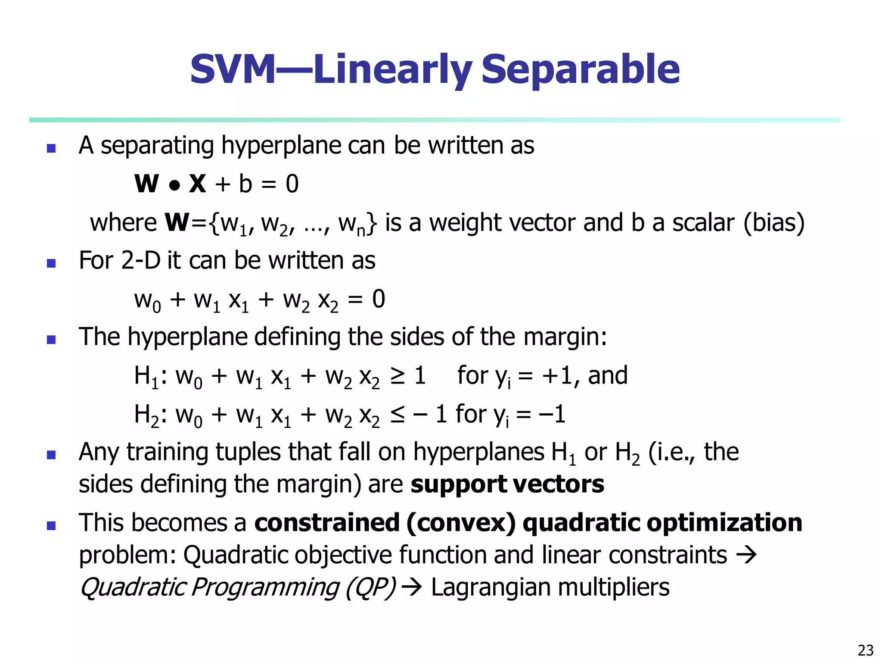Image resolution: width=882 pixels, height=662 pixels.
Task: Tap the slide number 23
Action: pos(865,650)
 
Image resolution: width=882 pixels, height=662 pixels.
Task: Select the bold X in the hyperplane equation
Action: pos(198,184)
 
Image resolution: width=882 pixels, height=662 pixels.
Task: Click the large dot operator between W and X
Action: pos(174,186)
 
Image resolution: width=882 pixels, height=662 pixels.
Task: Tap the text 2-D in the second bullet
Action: pos(141,260)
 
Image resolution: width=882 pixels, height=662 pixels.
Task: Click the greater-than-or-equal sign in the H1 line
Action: pos(397,376)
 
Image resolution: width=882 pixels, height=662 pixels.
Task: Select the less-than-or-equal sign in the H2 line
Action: pos(397,415)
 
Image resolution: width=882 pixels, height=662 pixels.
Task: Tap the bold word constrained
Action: pos(327,523)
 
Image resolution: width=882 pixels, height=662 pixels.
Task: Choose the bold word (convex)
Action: pos(460,524)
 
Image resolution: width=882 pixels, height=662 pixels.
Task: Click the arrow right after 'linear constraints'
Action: pos(746,555)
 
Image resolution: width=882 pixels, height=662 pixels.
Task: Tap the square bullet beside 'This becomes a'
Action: pos(51,525)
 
